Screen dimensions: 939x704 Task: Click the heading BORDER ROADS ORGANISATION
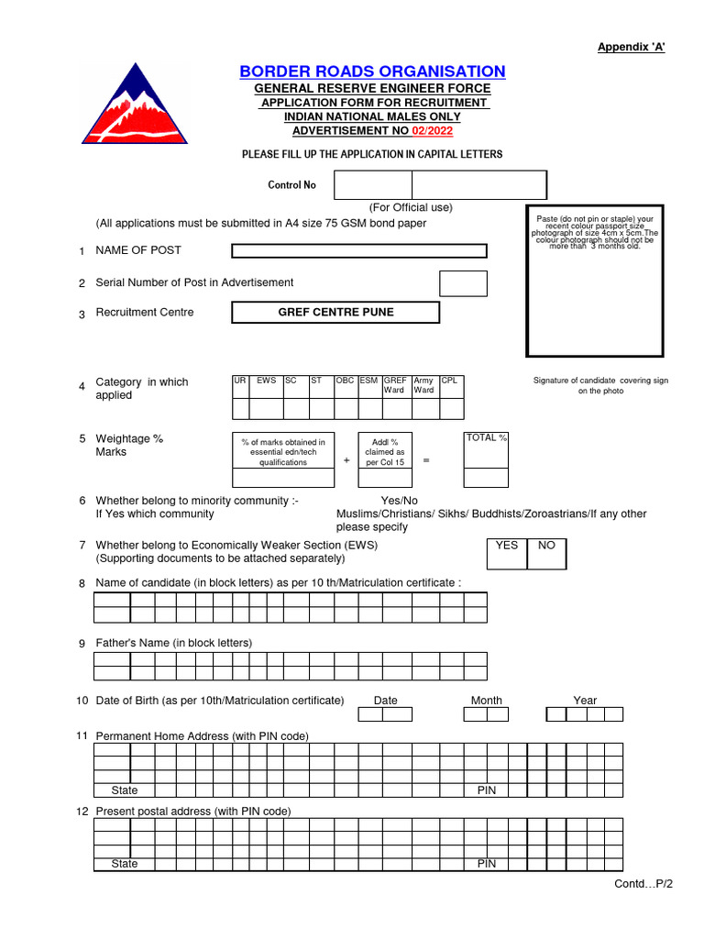372,72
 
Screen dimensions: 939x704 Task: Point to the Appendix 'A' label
631,48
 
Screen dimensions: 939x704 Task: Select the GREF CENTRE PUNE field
335,313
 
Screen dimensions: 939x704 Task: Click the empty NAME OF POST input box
358,251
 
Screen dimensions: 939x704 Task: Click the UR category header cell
239,380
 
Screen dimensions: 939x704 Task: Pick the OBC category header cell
345,380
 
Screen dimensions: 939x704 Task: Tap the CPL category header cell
449,380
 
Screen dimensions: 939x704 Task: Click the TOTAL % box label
486,438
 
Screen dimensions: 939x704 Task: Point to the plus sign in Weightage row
346,460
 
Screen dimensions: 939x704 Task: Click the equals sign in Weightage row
425,460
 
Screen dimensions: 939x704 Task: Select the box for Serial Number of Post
463,283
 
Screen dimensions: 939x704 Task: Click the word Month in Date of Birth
486,701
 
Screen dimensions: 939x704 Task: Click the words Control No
291,185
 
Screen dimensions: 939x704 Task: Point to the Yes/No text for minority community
399,501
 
